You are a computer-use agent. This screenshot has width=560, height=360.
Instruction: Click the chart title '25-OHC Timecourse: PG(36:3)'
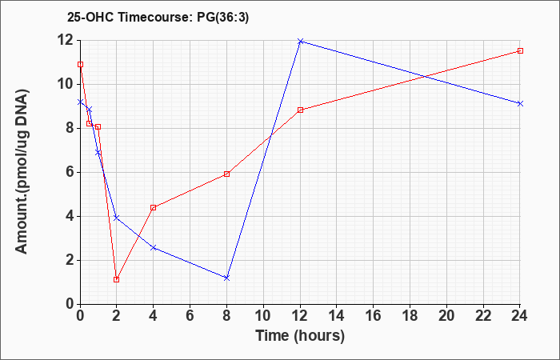[158, 18]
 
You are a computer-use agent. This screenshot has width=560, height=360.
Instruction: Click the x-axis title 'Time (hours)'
[300, 336]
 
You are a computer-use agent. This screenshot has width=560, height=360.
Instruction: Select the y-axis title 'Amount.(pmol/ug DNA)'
[22, 171]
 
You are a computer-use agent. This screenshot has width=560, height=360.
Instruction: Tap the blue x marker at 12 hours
[300, 42]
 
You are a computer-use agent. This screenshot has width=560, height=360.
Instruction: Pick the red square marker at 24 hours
[520, 50]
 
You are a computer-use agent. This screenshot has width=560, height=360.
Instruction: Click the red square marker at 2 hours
[117, 280]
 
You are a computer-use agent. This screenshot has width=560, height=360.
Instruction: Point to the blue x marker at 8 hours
[226, 278]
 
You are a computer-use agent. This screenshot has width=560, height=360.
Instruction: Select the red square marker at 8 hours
[226, 174]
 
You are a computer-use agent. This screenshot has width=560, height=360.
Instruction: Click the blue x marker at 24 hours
[520, 103]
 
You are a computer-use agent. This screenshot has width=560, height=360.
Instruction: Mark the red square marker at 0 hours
[80, 64]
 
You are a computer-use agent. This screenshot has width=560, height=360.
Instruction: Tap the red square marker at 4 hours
[154, 207]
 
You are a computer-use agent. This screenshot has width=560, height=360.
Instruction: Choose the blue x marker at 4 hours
[154, 247]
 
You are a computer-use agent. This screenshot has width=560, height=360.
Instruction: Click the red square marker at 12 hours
[300, 110]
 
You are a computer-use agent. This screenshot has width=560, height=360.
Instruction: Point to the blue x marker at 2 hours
[117, 218]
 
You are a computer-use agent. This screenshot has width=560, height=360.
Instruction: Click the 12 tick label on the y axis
[67, 40]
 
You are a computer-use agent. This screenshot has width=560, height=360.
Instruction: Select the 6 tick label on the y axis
[70, 172]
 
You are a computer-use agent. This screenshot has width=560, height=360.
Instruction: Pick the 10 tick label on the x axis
[263, 316]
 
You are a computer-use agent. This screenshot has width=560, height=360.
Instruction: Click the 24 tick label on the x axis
[520, 316]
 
